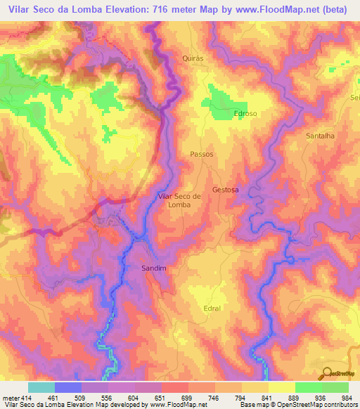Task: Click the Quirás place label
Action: click(x=192, y=58)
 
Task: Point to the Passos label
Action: click(x=201, y=154)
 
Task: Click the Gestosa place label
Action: click(x=226, y=190)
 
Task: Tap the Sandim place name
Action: click(x=153, y=268)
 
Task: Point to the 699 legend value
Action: click(x=187, y=398)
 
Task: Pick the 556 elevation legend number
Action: click(x=107, y=398)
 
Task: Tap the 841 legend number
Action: click(x=267, y=398)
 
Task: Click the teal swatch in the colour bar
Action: click(x=41, y=387)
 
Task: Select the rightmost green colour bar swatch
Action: click(x=335, y=387)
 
